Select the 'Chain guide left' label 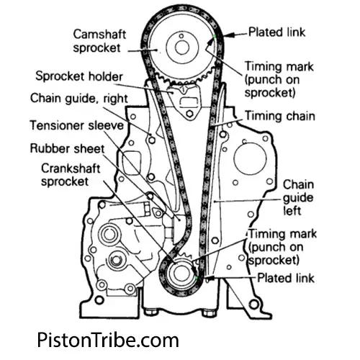tap(297, 197)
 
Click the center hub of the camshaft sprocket tap(180, 48)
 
